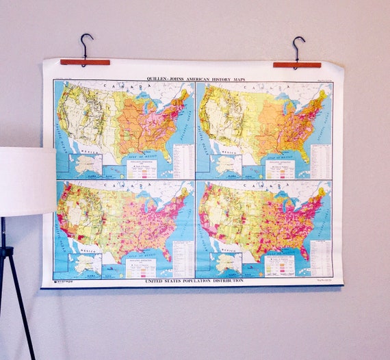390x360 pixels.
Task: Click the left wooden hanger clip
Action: point(85,62)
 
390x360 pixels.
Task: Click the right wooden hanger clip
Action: point(297,64)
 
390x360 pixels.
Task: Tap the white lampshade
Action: point(26,181)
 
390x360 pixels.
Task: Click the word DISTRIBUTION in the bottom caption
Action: point(221,281)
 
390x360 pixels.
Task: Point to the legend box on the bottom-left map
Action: point(140,267)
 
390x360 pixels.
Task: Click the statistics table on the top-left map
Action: point(183,162)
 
